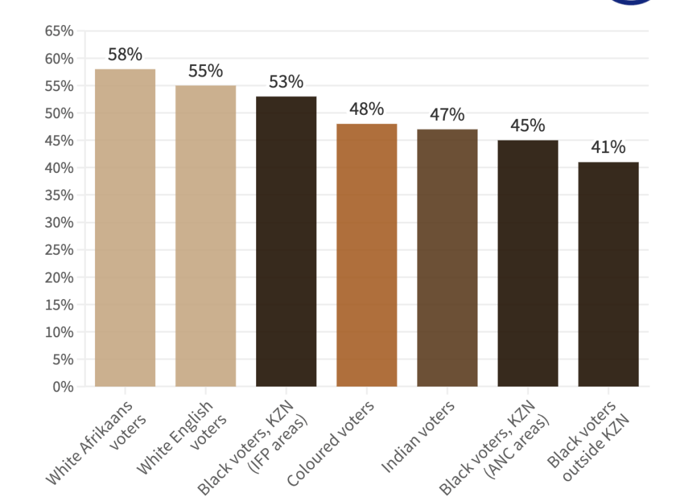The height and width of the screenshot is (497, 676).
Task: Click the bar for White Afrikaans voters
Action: click(x=125, y=228)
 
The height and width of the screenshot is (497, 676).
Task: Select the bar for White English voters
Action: click(x=205, y=236)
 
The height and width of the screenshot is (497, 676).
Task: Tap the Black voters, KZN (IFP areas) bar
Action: click(x=286, y=241)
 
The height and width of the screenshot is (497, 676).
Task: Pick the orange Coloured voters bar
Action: click(x=366, y=255)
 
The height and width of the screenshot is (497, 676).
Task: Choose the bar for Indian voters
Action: click(x=447, y=257)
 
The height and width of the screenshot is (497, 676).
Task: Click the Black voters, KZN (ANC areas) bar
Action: click(x=527, y=263)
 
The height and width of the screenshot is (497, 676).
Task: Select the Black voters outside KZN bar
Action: click(x=608, y=274)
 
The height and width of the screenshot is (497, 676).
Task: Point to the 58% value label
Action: click(x=125, y=55)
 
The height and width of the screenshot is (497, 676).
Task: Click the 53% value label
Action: click(x=286, y=83)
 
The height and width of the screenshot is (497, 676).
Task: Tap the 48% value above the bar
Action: click(x=366, y=110)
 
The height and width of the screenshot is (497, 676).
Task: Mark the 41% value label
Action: click(x=608, y=148)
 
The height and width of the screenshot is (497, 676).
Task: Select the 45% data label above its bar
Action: click(x=527, y=126)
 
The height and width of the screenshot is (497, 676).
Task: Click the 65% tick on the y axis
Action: click(x=59, y=31)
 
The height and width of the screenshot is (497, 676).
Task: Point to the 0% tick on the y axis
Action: click(x=63, y=387)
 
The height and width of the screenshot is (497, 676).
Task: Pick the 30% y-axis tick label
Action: click(x=59, y=222)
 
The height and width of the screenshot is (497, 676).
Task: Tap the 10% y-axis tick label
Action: click(x=59, y=332)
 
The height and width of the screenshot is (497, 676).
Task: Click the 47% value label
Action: click(x=447, y=115)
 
